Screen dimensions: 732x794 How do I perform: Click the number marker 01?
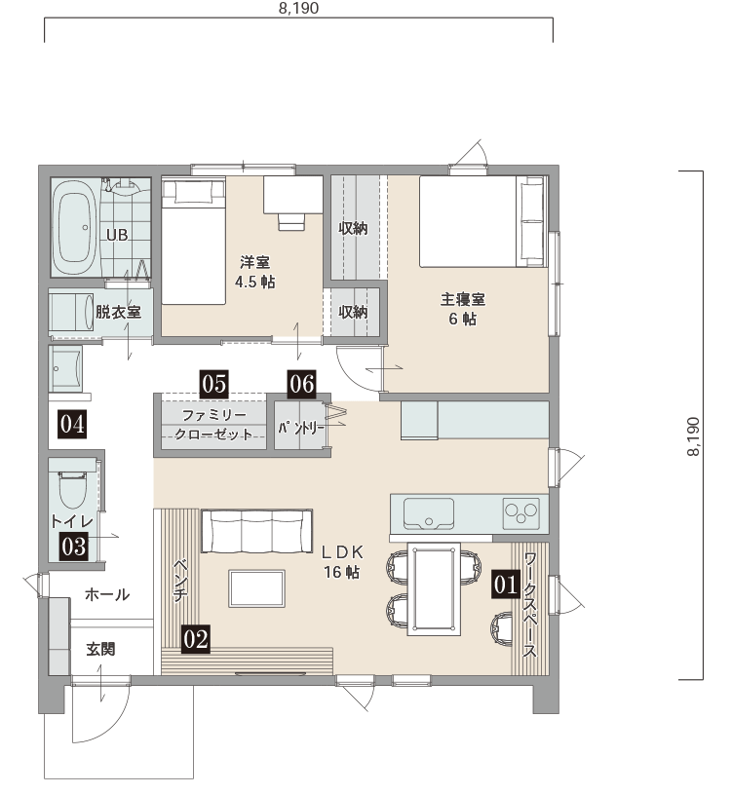click(x=506, y=585)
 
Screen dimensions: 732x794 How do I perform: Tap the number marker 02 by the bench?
click(x=196, y=639)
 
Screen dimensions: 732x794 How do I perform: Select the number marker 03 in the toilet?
click(x=74, y=547)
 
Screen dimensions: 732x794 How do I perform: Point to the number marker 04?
click(x=72, y=424)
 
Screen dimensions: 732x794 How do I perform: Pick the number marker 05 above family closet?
click(x=214, y=384)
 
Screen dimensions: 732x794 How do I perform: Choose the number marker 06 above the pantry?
click(x=302, y=384)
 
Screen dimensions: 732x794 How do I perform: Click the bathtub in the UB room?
click(x=75, y=227)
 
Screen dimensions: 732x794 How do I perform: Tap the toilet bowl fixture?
click(x=73, y=490)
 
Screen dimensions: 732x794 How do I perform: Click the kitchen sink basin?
click(x=429, y=513)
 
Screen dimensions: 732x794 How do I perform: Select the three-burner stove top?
click(x=520, y=513)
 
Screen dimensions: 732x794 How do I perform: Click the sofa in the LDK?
click(x=256, y=531)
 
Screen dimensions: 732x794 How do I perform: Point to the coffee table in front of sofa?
click(x=256, y=587)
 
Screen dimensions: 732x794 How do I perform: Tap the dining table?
click(x=434, y=589)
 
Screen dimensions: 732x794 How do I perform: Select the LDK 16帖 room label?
click(x=343, y=561)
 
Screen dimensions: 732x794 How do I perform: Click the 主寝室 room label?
click(x=463, y=299)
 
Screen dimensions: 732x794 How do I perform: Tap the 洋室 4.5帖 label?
click(x=255, y=272)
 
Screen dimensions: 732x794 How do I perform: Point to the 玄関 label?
click(x=100, y=649)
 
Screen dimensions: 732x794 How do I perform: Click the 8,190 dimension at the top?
click(x=299, y=8)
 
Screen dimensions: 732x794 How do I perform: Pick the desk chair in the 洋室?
click(x=291, y=221)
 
